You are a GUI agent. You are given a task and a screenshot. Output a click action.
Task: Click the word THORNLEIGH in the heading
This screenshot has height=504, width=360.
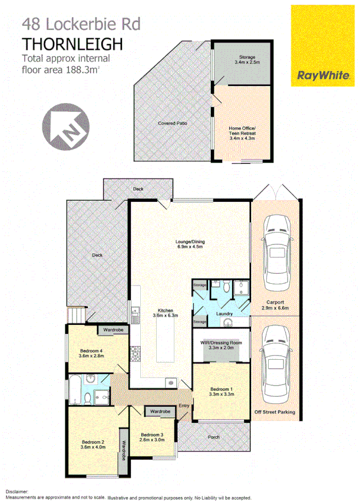click(72, 44)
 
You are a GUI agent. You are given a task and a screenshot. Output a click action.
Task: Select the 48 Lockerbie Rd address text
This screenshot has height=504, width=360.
click(74, 24)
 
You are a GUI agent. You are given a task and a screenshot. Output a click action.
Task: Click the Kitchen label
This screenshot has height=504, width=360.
click(164, 312)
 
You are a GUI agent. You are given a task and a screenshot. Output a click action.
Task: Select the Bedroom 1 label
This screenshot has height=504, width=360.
click(222, 391)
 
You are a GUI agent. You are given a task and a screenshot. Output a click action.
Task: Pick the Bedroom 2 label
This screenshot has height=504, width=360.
click(93, 443)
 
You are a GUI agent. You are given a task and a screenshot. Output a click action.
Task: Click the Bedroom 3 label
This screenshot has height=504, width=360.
click(152, 437)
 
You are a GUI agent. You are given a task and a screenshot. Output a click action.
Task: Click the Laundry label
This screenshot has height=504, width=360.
click(224, 314)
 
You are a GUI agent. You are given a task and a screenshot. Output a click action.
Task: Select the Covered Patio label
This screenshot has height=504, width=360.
click(170, 124)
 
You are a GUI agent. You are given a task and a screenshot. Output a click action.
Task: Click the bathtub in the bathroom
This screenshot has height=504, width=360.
click(75, 389)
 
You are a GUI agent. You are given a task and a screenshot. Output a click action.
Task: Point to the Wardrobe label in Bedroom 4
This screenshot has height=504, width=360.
click(113, 330)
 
